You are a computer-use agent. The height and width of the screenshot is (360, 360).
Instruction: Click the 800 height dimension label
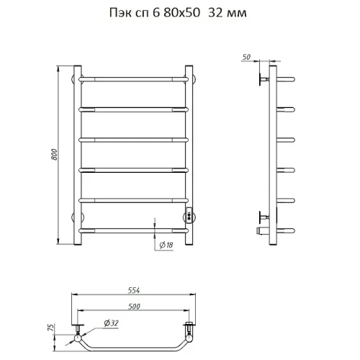[x=55, y=155]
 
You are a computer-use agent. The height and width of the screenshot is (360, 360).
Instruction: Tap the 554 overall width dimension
[x=134, y=290]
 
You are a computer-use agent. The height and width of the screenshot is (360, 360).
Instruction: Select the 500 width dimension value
[x=134, y=307]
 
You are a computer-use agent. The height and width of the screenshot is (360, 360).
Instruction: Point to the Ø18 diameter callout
[x=166, y=245]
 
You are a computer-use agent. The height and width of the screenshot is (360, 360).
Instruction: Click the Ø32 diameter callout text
[x=112, y=323]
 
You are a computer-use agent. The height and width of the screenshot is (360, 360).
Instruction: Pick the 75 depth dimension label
[x=51, y=327]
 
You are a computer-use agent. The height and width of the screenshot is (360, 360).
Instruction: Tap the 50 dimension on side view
[x=246, y=57]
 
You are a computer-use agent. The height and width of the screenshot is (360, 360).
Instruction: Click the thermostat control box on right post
[x=189, y=215]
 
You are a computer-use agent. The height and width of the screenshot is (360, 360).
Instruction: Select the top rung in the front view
[x=133, y=79]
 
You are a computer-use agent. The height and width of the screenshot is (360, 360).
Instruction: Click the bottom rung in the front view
[x=133, y=231]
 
